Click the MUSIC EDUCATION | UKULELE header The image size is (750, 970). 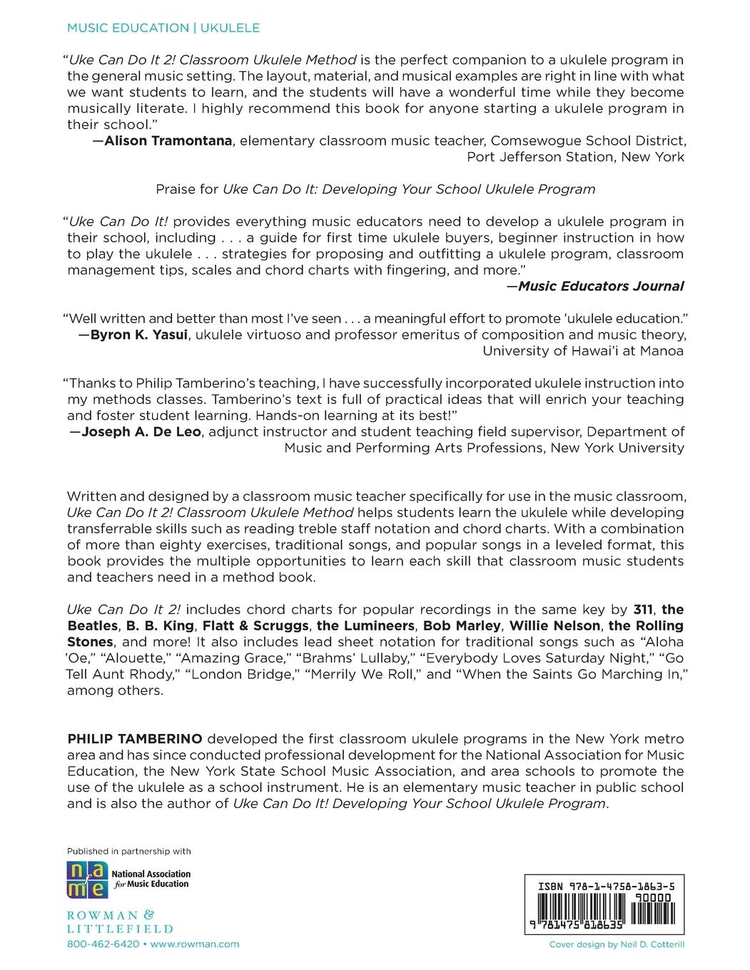(163, 28)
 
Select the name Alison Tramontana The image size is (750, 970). (168, 141)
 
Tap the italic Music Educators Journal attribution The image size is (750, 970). (600, 286)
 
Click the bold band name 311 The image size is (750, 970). (643, 609)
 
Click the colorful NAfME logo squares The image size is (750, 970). (88, 879)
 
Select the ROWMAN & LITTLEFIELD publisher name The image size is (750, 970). (119, 921)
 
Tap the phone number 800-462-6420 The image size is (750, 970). (103, 944)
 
